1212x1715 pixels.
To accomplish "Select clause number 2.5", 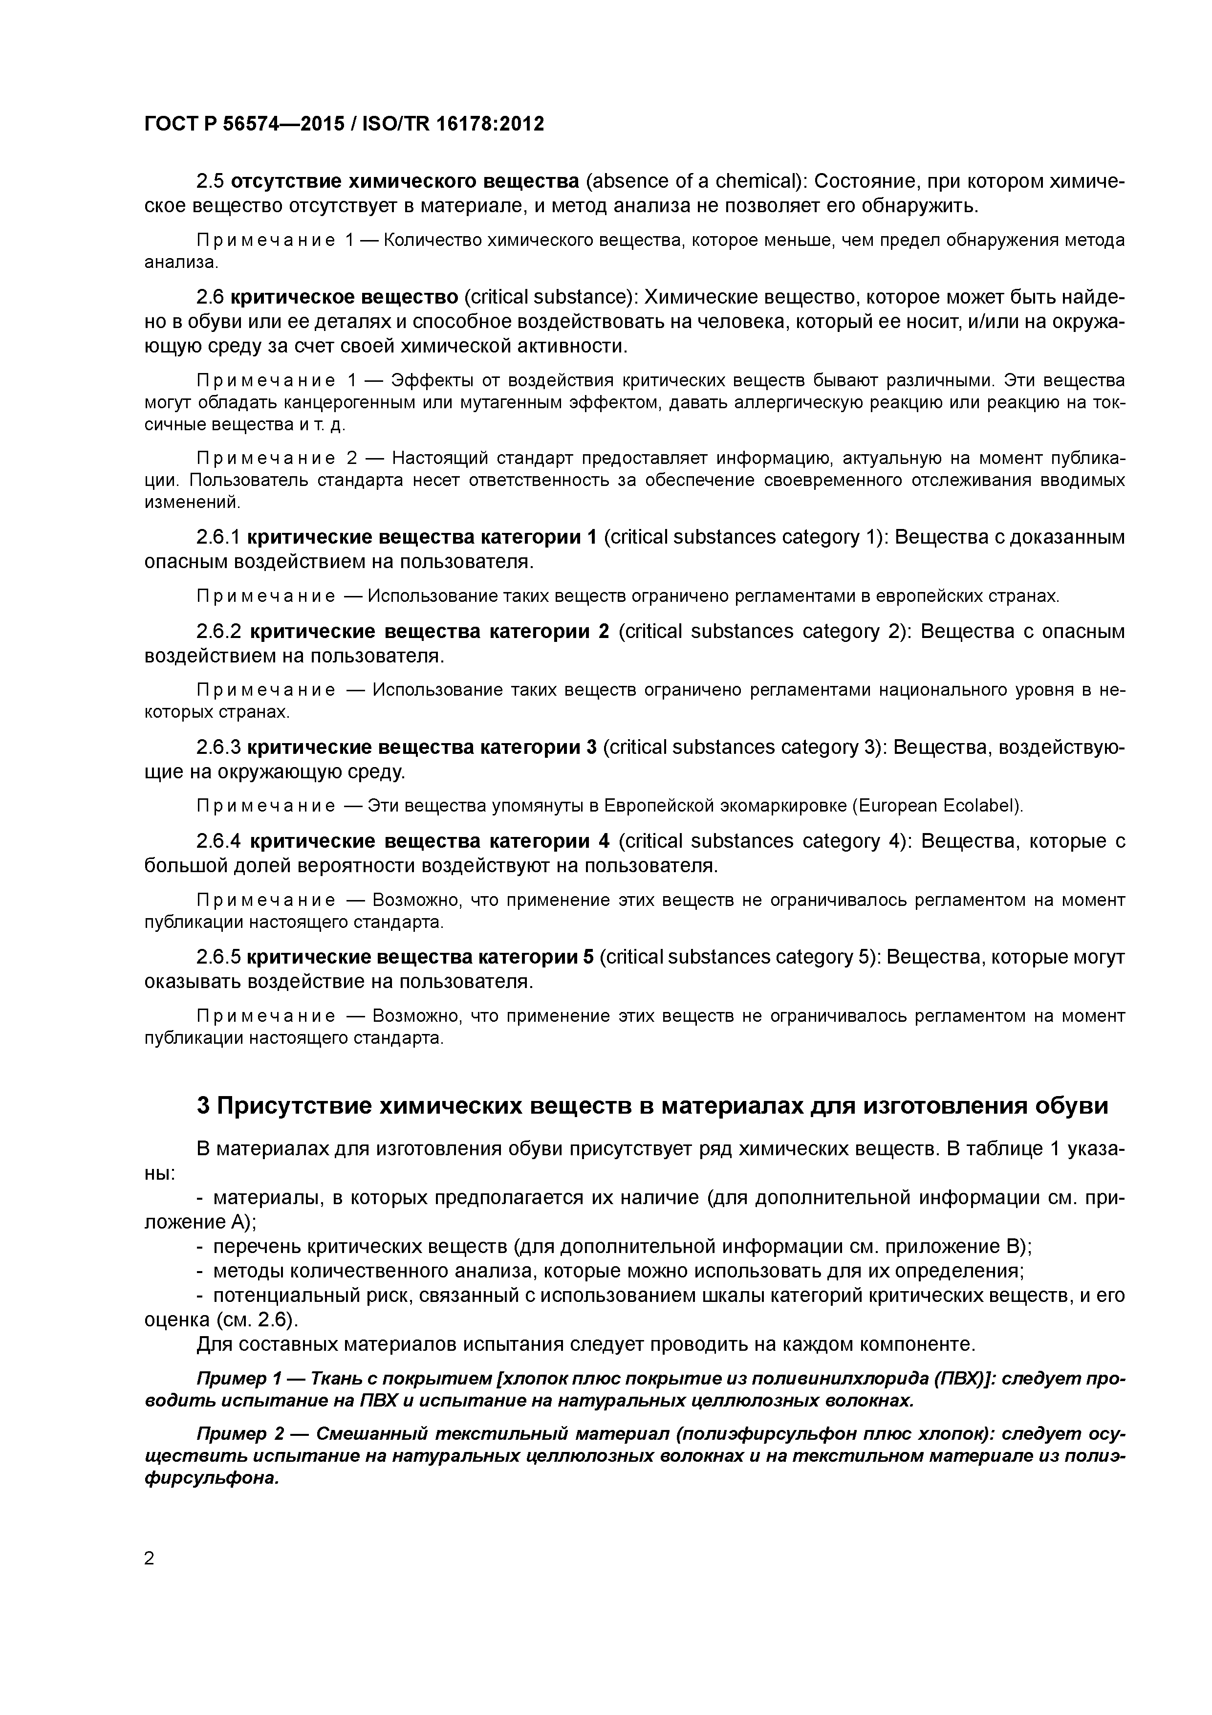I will (x=211, y=181).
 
